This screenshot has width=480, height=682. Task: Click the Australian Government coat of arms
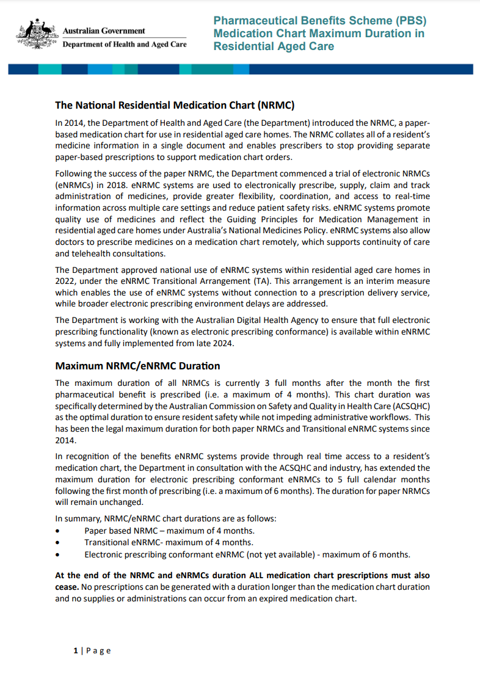pyautogui.click(x=37, y=35)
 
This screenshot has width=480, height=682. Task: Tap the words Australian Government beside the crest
pyautogui.click(x=104, y=31)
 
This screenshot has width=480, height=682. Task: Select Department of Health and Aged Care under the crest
pyautogui.click(x=125, y=45)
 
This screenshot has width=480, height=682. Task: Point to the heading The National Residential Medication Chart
pyautogui.click(x=175, y=105)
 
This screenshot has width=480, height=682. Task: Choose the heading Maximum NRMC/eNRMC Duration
pyautogui.click(x=137, y=366)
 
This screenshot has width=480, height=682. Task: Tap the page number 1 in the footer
pyautogui.click(x=76, y=651)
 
